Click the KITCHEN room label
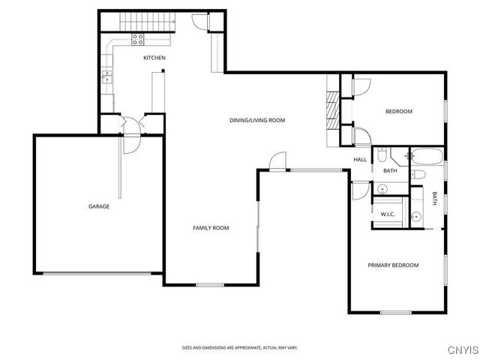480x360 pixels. (154, 58)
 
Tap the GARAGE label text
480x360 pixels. (99, 206)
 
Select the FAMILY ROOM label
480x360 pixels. (211, 228)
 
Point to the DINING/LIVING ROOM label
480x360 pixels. (257, 120)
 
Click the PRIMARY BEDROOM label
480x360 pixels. (392, 265)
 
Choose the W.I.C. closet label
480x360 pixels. (388, 214)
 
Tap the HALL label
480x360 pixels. (360, 159)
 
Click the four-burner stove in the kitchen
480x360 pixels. (139, 39)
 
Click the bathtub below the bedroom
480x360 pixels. (426, 157)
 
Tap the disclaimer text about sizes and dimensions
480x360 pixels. (239, 347)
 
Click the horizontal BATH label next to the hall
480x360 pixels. (390, 171)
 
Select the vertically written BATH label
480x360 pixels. (434, 198)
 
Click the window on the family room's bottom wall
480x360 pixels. (210, 285)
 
